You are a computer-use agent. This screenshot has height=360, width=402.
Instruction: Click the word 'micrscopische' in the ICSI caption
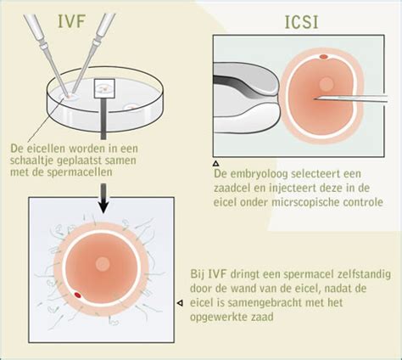[x=303, y=202]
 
